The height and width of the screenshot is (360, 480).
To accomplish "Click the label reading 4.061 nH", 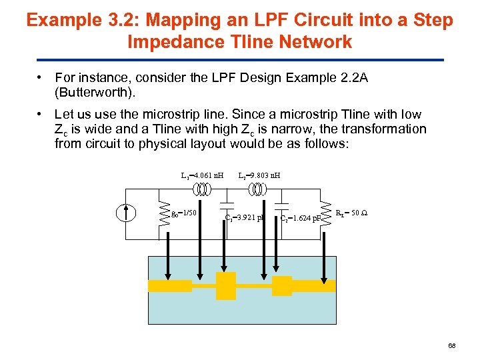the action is coord(202,176).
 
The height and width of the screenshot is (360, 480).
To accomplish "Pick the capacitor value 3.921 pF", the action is coord(245,217).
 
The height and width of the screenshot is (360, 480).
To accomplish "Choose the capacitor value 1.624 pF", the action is coord(301,217).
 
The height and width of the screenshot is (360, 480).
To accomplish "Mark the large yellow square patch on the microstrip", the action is coord(226,285).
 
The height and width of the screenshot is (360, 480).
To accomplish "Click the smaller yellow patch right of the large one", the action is coord(281,285).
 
